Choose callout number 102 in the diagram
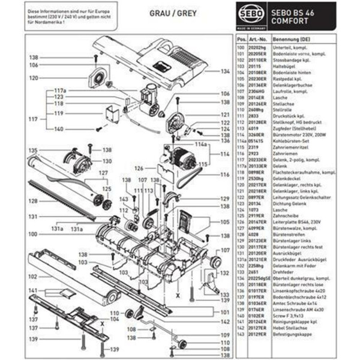pyautogui.click(x=34, y=277)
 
